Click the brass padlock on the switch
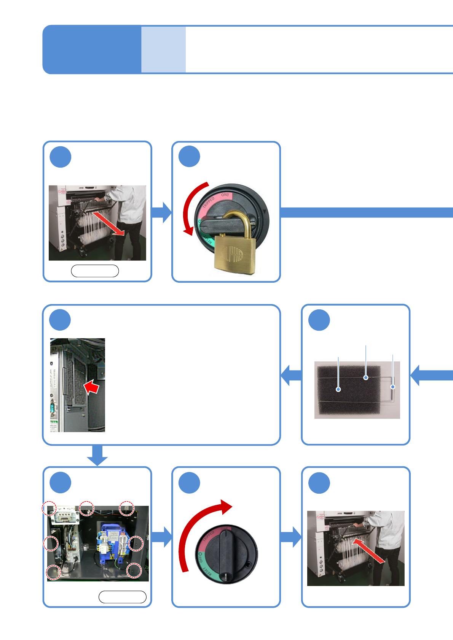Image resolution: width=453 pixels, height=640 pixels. [233, 253]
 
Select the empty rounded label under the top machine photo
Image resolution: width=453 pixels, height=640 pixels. [95, 271]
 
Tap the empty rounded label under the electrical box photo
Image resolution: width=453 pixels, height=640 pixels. [122, 597]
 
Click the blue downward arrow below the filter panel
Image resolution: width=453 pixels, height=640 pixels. [97, 455]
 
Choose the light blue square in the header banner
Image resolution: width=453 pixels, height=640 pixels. [163, 49]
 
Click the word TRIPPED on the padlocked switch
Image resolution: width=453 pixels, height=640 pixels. [209, 202]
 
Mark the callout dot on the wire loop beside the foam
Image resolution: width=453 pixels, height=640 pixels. [393, 387]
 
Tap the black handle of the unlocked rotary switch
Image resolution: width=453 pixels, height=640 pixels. [226, 551]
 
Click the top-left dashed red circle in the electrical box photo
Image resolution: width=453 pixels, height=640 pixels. [49, 508]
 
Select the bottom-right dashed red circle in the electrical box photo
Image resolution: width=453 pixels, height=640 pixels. [134, 570]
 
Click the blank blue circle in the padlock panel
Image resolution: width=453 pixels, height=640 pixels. [189, 156]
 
